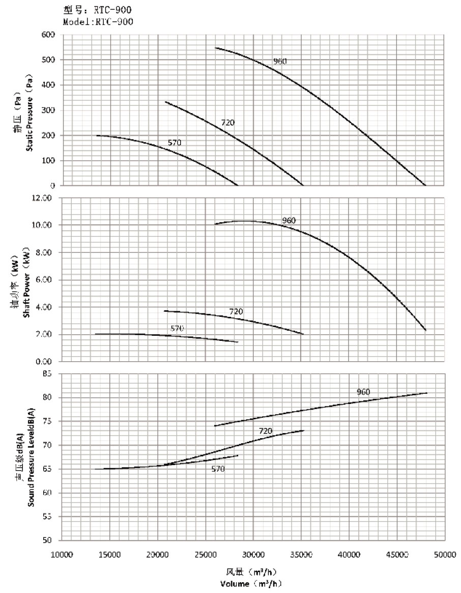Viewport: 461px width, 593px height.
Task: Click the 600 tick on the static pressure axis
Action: point(49,35)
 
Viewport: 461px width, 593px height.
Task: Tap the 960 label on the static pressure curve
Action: point(280,62)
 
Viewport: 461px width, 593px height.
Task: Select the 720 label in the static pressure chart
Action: point(227,123)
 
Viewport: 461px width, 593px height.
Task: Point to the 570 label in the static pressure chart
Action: point(175,143)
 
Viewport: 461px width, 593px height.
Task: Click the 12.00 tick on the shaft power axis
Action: point(44,198)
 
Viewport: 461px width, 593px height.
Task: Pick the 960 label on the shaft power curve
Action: point(289,221)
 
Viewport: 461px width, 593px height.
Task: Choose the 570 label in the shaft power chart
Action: point(177,329)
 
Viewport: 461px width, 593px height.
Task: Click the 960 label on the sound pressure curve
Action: point(363,392)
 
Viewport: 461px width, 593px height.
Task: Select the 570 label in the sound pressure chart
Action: point(218,469)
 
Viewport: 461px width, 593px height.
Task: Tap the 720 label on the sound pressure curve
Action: point(265,431)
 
